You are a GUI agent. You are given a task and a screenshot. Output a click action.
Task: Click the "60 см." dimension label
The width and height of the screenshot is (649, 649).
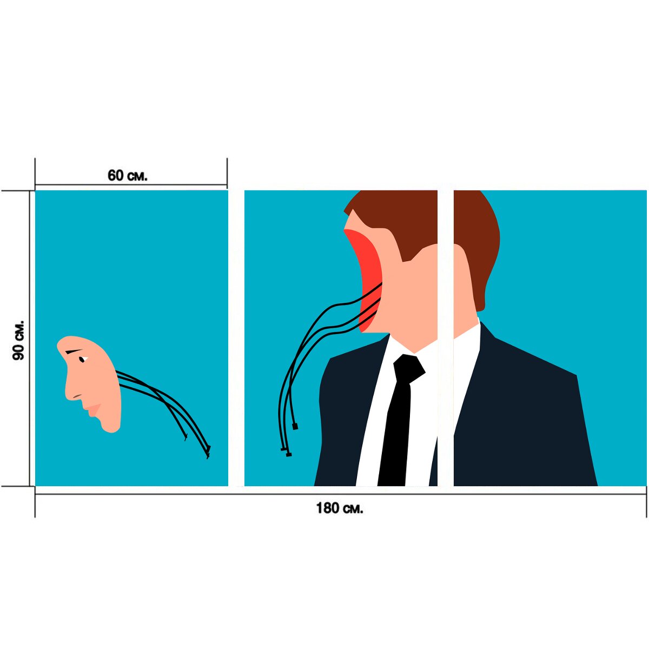(127, 175)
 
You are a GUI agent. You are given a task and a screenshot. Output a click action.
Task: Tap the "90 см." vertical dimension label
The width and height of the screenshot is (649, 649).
(18, 340)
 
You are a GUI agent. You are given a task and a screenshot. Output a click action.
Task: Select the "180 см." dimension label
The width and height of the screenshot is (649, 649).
(340, 508)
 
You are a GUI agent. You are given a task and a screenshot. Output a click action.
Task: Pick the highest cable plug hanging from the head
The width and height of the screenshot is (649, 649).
(295, 426)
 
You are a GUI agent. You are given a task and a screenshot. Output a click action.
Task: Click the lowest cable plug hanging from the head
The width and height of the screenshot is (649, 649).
(288, 455)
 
